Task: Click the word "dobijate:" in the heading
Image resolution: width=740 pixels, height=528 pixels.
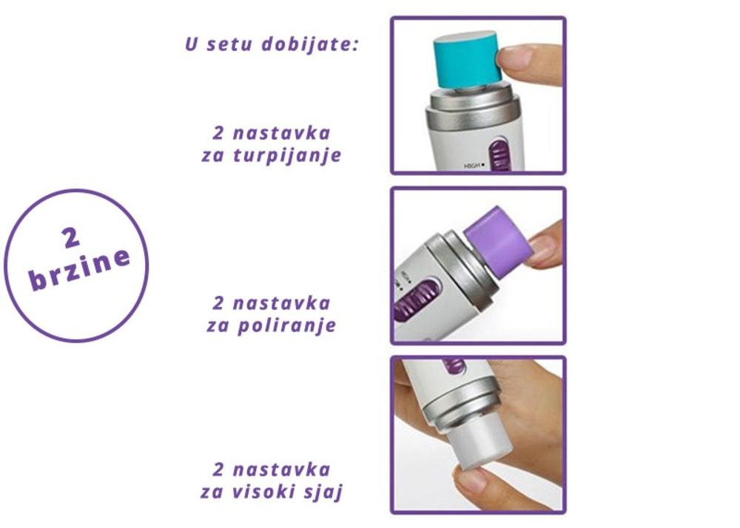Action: pos(310,45)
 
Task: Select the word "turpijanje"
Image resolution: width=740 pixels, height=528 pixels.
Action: pos(287,155)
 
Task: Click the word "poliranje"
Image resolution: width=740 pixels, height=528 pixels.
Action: pos(286,325)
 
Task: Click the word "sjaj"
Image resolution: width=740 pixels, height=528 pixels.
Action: pos(326,493)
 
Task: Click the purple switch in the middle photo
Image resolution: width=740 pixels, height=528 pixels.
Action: pos(417,297)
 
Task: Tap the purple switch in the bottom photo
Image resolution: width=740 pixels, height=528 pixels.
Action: pos(455,366)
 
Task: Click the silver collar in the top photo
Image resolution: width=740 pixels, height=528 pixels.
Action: pos(473,113)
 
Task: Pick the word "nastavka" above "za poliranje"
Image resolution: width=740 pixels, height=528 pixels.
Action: pos(282,302)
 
